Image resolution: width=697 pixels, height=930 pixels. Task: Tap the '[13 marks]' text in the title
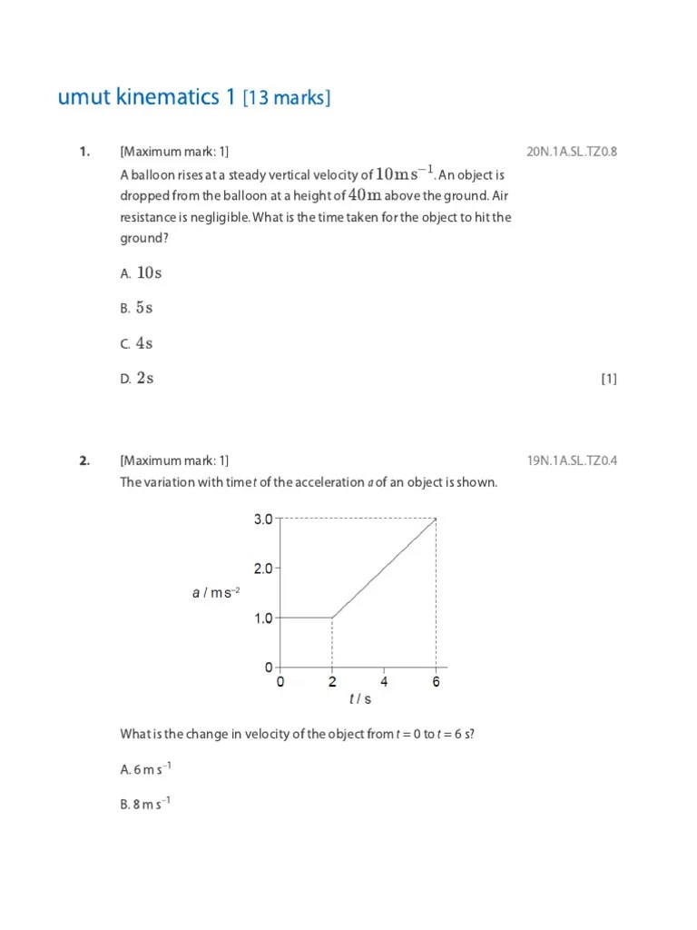point(286,98)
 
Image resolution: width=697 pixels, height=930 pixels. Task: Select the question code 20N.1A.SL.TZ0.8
point(571,152)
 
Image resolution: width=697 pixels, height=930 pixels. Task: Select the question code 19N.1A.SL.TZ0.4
point(571,460)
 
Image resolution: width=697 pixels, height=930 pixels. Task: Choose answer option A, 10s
point(141,272)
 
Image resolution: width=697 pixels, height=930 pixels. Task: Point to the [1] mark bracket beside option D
point(608,380)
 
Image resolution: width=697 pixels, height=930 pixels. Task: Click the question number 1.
point(84,152)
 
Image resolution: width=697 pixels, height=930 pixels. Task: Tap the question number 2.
point(84,460)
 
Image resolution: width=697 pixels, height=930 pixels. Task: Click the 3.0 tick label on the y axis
point(262,519)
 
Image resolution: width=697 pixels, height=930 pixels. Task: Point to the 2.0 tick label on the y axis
point(262,569)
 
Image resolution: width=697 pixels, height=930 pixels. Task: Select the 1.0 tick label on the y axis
point(262,618)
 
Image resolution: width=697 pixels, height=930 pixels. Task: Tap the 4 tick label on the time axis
point(384,682)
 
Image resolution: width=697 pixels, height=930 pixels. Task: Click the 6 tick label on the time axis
point(436,682)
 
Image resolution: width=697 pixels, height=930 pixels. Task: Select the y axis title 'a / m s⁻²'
point(216,593)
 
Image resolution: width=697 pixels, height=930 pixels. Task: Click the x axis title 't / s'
point(360,699)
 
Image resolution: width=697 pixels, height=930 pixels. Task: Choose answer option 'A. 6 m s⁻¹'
point(145,769)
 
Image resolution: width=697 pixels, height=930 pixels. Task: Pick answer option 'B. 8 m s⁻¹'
point(145,804)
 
